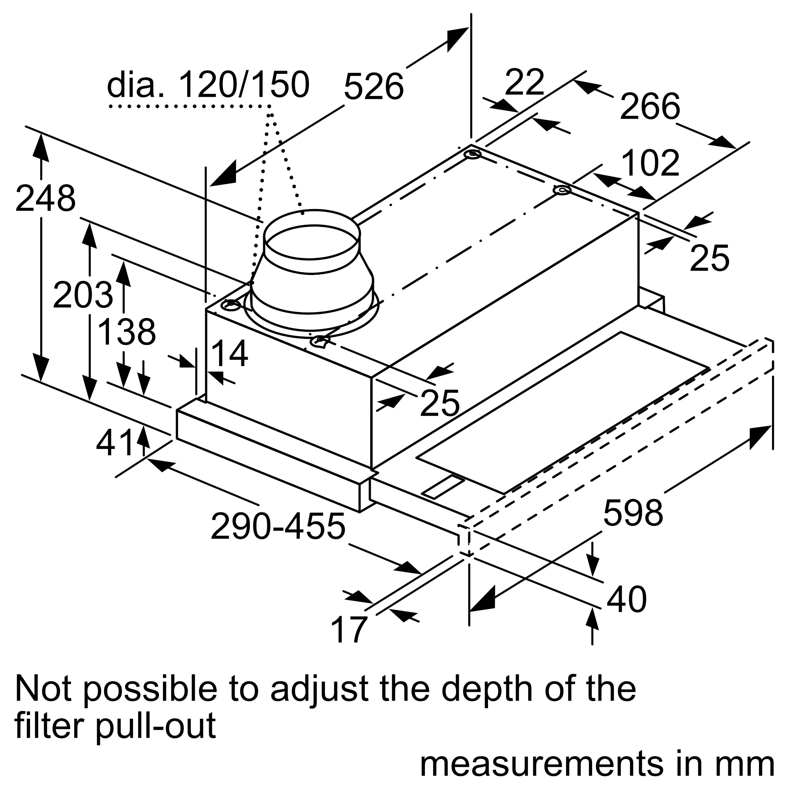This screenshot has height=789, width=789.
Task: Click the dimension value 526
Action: tap(373, 86)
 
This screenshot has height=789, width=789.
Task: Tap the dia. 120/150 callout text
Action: tap(208, 85)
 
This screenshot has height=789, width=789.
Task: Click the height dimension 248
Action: tap(45, 199)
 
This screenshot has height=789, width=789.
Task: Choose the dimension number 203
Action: tap(83, 295)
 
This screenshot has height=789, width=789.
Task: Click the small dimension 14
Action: tap(230, 353)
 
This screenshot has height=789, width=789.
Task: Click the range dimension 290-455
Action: tap(278, 527)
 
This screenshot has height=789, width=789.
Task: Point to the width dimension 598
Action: tap(633, 513)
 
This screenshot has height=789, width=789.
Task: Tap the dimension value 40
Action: tap(626, 600)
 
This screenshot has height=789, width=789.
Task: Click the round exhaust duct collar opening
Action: tap(312, 243)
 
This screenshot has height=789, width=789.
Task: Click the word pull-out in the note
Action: tap(156, 725)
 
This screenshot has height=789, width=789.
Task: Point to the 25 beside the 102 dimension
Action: tap(709, 258)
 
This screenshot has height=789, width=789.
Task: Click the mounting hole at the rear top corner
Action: tap(473, 155)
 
